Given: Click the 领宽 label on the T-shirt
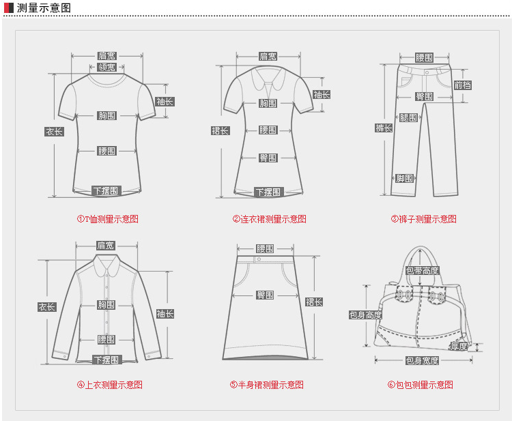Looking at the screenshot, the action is [x=106, y=68].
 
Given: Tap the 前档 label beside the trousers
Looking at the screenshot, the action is [x=463, y=85].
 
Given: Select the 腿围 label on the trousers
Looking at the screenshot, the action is [x=408, y=118].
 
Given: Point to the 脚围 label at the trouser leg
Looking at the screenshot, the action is [x=404, y=179].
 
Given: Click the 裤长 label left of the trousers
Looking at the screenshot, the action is [x=384, y=128].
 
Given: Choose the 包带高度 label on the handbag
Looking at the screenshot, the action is [x=423, y=271].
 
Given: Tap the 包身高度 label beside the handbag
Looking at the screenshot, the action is [x=365, y=315].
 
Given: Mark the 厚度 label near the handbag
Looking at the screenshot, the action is [x=459, y=347].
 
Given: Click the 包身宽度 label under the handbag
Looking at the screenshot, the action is [x=422, y=361].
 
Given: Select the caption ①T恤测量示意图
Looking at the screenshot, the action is [x=107, y=219].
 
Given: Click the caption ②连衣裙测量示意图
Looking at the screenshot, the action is [x=269, y=219].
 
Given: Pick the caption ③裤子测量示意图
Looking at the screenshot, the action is [x=423, y=219].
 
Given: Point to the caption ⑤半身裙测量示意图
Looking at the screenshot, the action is [x=266, y=385].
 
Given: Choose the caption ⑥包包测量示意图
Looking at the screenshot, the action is [x=420, y=385].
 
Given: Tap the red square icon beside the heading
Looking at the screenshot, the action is [x=9, y=8].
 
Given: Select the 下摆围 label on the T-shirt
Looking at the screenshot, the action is [x=106, y=191].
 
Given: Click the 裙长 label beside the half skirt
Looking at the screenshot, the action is [x=314, y=302].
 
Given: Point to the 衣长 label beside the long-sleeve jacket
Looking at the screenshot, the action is [x=46, y=308].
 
